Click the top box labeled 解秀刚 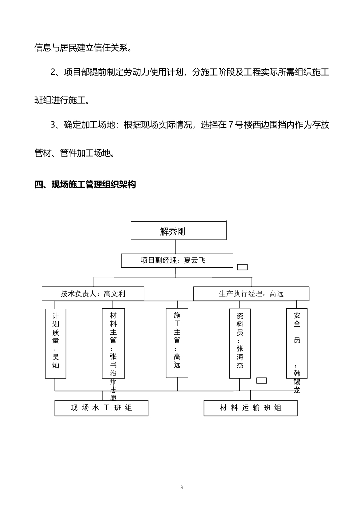[179, 231]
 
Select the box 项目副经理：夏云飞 [177, 261]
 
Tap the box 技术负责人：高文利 [93, 294]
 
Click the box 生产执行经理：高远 [251, 294]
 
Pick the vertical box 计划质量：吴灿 [55, 343]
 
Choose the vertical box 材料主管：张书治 [113, 343]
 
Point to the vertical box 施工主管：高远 [177, 343]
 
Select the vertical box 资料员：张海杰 [240, 343]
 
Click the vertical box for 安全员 [297, 343]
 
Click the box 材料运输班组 [251, 408]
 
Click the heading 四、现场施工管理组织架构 [85, 185]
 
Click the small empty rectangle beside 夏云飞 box [242, 267]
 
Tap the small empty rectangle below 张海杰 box [261, 381]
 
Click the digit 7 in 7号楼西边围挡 [230, 125]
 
